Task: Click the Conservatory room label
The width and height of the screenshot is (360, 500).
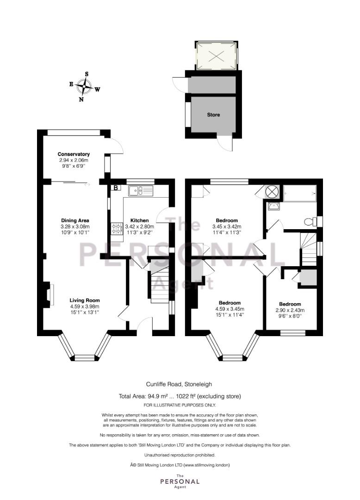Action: coord(74,154)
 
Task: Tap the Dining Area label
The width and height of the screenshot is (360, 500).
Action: coord(75,220)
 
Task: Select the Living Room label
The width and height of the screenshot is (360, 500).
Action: coord(85,300)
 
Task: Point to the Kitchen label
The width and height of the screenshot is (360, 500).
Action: coord(140,220)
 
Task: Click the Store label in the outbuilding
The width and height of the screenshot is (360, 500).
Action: coord(213,114)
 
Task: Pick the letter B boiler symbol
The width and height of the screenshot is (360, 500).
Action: coord(116,188)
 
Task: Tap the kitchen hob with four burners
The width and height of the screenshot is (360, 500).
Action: coord(117,228)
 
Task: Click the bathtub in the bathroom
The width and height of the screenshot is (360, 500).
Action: coord(299,194)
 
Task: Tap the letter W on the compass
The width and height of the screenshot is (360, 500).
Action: coord(97,90)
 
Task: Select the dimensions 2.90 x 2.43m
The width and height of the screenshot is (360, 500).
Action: coord(290,310)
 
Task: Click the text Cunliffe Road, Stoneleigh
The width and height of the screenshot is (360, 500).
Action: coord(179,385)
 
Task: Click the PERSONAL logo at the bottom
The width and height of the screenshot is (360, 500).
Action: coord(180,481)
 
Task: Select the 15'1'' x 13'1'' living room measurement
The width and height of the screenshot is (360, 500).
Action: coord(85,312)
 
